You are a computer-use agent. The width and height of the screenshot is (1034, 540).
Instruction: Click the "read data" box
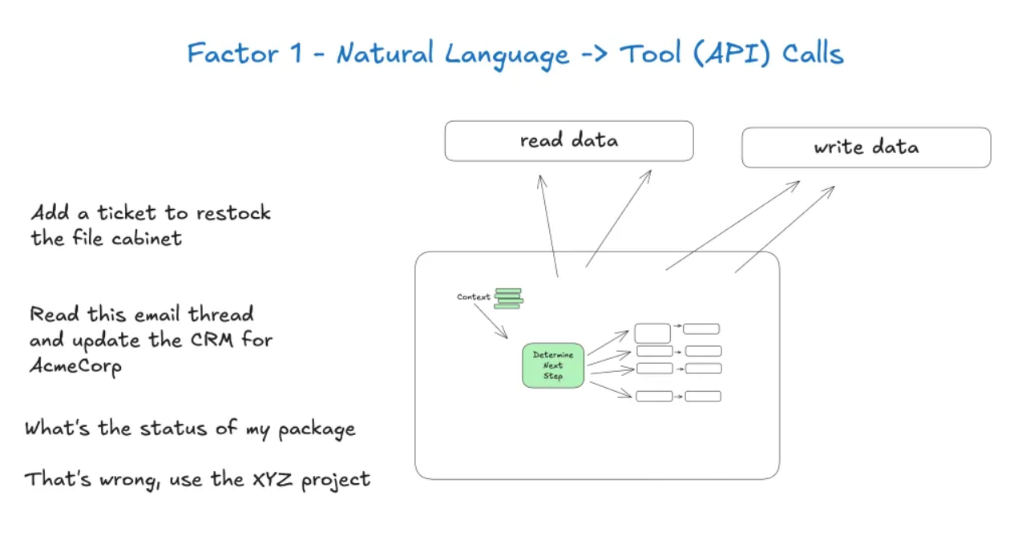pos(569,141)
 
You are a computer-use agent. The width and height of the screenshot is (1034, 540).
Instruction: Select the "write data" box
pos(866,147)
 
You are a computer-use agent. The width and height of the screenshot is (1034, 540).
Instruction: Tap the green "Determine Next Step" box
pos(553,365)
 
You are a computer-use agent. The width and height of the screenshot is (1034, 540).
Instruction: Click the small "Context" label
pos(473,297)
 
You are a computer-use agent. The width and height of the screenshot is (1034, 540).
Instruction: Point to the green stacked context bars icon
pos(508,298)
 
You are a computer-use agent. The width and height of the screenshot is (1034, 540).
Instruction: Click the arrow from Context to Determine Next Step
pos(490,320)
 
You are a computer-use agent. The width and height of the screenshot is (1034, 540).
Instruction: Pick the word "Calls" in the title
pos(813,54)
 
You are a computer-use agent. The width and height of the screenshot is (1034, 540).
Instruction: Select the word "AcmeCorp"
pos(75,366)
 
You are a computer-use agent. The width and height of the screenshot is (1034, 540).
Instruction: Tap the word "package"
pos(317,429)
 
